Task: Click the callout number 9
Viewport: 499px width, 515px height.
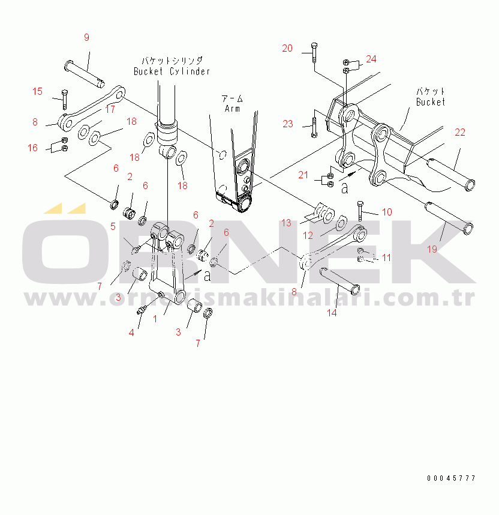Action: point(86,38)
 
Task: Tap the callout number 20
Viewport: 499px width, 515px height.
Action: point(287,48)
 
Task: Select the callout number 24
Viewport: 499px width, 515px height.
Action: point(371,59)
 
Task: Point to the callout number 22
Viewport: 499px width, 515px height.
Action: point(460,132)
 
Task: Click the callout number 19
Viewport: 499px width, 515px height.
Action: point(432,249)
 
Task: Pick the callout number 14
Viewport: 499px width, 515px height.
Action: point(332,313)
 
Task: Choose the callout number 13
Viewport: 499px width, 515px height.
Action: point(286,223)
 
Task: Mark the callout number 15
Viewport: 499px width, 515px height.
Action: point(37,91)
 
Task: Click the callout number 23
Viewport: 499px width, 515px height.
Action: point(288,124)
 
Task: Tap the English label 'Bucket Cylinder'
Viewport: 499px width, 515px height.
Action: point(172,71)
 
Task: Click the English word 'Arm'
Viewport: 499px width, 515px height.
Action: point(232,109)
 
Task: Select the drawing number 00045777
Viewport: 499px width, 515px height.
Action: point(451,478)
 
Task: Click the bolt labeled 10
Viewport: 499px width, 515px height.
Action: point(360,211)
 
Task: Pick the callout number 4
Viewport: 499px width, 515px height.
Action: point(131,333)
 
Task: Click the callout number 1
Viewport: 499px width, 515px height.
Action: point(155,319)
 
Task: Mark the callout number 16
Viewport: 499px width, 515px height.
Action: point(32,148)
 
